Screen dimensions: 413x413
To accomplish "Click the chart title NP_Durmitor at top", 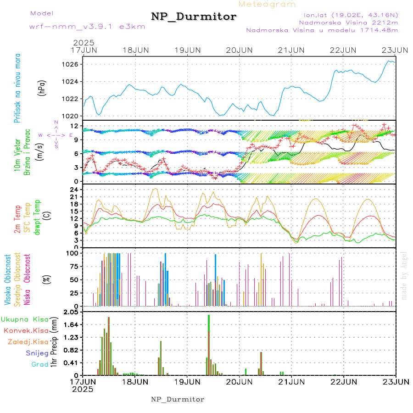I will point(194,17).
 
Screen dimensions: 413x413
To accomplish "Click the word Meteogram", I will point(268,4).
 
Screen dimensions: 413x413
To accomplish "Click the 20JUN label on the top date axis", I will point(240,50).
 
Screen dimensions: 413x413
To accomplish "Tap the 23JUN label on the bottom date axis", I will point(396,381).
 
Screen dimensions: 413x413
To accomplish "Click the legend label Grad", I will point(39,364).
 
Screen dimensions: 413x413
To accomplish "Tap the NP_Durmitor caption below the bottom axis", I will point(178,399).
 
